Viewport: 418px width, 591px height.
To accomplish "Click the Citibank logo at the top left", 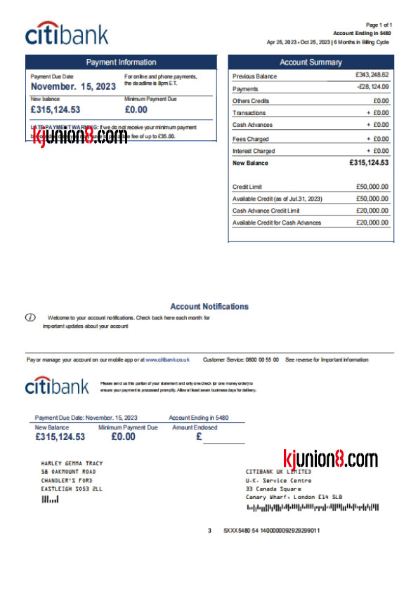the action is [67, 34].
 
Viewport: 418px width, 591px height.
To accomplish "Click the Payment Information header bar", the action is [121, 62].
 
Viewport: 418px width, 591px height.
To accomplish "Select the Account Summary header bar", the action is [310, 62].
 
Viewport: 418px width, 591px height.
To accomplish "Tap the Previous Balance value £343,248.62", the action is [372, 74].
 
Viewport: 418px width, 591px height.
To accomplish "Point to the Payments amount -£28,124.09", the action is [372, 87].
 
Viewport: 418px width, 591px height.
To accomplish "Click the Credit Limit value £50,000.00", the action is [372, 187].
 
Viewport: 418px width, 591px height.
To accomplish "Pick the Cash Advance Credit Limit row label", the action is [266, 211].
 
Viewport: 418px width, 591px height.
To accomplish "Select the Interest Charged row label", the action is [254, 151].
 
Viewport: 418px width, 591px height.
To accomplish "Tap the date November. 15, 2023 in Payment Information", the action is [74, 86].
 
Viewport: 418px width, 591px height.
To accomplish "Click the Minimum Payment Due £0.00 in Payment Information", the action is [136, 109].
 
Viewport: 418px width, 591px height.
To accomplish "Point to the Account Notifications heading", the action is [209, 307].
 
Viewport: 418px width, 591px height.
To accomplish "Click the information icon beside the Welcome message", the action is [30, 318].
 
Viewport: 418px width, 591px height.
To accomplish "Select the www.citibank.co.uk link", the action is [167, 359].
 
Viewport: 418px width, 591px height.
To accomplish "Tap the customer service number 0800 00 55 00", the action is [262, 359].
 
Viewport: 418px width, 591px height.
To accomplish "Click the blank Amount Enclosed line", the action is [223, 440].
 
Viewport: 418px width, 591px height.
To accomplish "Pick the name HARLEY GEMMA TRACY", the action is [72, 464].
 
